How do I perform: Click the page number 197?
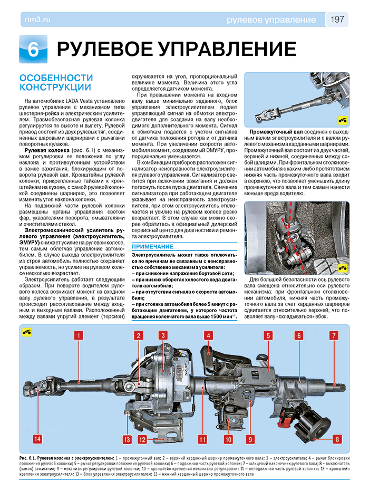tap(337, 20)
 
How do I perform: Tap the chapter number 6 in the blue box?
tap(33, 49)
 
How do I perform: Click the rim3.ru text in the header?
tap(37, 20)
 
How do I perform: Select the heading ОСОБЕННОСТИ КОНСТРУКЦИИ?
tap(56, 82)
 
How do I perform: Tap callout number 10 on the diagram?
tap(228, 439)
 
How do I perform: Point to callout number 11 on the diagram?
tap(201, 439)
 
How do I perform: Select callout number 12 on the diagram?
tap(142, 439)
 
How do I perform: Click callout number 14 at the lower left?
tap(37, 439)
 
